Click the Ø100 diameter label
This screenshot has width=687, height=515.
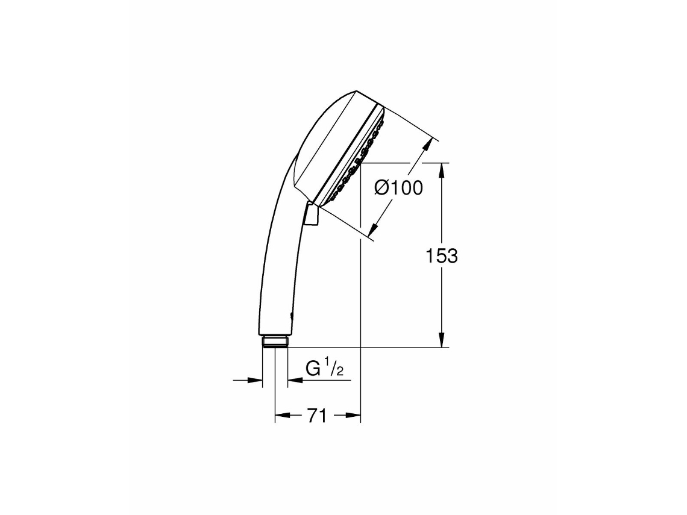click(x=398, y=188)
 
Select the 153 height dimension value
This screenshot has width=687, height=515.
click(x=442, y=256)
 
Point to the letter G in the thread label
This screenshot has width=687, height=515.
click(x=313, y=369)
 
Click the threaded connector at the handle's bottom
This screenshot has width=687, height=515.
click(x=275, y=343)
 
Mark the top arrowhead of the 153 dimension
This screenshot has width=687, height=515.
click(x=442, y=169)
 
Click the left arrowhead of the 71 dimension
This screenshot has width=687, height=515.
click(x=280, y=415)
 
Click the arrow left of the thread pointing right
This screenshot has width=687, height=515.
click(x=257, y=380)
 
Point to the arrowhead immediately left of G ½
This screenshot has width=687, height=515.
click(x=293, y=380)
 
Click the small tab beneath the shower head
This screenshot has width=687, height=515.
click(x=312, y=216)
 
